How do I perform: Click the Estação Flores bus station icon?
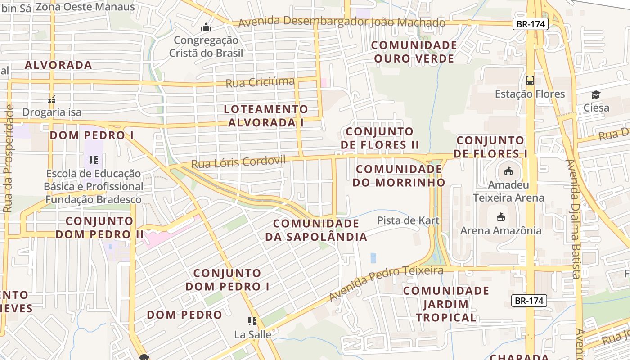530,81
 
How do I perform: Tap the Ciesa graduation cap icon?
596,94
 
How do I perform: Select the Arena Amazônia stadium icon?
500,217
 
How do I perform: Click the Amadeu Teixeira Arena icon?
508,171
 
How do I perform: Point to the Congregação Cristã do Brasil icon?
206,27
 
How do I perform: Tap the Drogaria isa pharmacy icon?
52,99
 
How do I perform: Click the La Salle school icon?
252,321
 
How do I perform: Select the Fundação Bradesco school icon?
94,160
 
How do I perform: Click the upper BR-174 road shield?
531,24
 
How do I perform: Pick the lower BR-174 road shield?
529,301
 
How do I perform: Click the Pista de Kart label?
402,220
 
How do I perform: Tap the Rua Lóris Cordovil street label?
238,162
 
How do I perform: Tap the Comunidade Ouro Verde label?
414,52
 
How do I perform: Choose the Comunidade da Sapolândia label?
316,230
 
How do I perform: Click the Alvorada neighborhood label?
58,65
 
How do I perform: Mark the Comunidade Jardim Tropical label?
446,304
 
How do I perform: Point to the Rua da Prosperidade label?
9,158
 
